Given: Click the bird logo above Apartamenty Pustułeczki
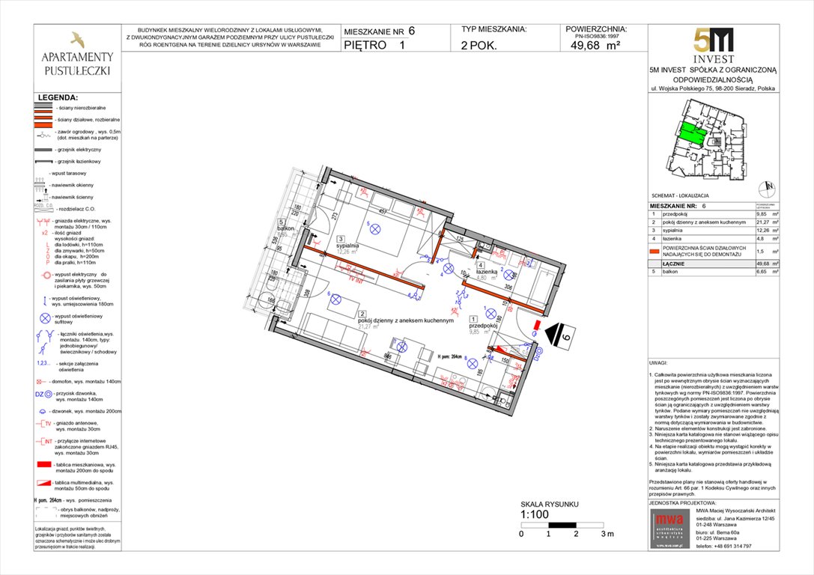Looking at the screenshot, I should pos(77,39).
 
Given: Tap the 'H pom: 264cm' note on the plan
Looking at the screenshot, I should pos(454,357).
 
